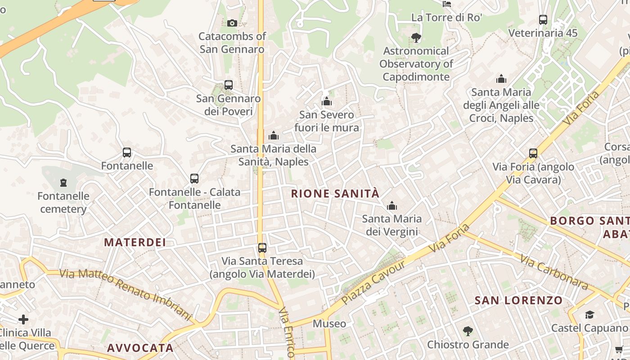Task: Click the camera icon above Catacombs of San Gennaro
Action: pos(232,23)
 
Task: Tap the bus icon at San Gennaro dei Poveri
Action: pos(229,85)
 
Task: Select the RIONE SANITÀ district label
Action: pos(335,194)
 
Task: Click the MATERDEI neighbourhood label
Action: pos(135,242)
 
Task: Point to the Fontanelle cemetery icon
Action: pos(63,183)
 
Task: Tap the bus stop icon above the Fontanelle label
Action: pos(127,153)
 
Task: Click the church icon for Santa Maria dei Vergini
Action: pos(392,206)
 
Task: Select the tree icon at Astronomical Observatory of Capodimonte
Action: pos(416,38)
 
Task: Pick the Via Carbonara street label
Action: pos(554,272)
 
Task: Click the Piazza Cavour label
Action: pos(373,282)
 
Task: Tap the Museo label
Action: pos(329,324)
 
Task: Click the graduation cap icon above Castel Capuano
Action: pos(589,315)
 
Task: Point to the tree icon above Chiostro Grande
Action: pos(468,331)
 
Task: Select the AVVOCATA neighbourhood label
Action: pos(140,348)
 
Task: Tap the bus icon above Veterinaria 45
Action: pos(543,20)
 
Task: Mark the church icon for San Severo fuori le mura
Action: pos(327,102)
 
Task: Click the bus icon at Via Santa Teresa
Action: pos(262,247)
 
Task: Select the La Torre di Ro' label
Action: pos(446,18)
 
